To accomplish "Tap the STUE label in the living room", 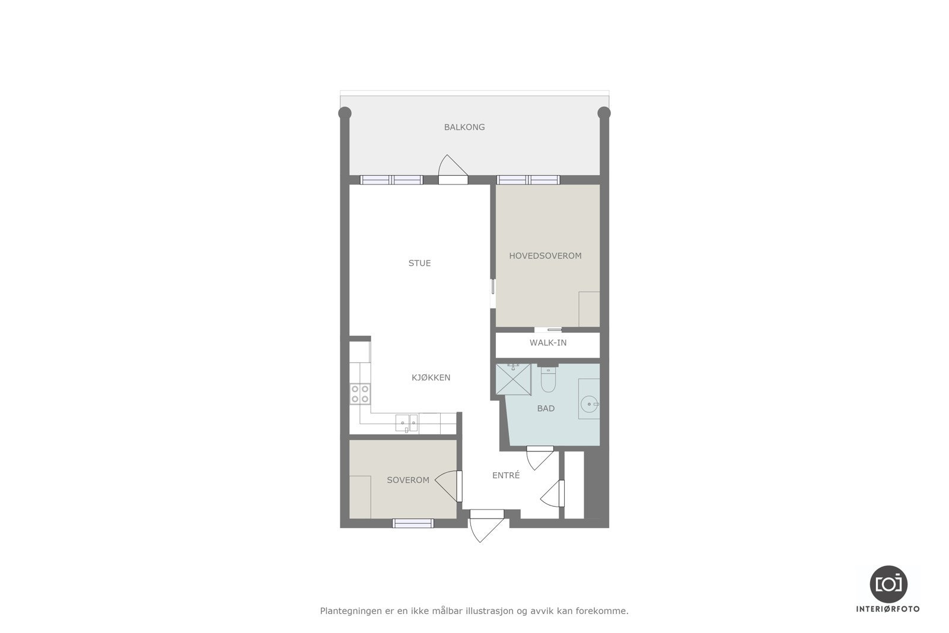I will point(419,263).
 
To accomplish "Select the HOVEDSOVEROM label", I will point(545,256).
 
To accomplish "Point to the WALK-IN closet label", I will point(548,343).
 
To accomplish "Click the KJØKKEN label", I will point(431,377).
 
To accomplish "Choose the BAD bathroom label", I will point(546,408).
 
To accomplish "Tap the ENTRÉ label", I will point(506,475).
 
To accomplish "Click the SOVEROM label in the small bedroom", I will point(408,480).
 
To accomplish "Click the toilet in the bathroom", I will point(547,381).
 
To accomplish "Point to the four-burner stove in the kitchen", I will point(360,394).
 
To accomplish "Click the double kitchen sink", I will point(407,423).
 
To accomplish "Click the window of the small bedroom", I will point(413,523).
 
